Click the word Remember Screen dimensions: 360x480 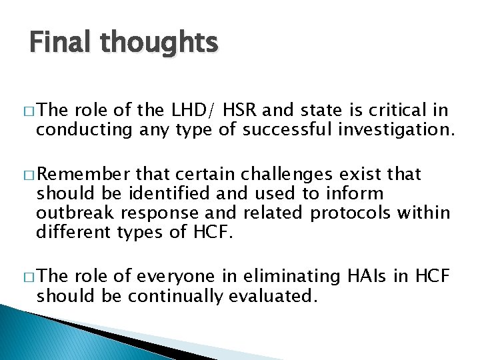(x=83, y=175)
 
